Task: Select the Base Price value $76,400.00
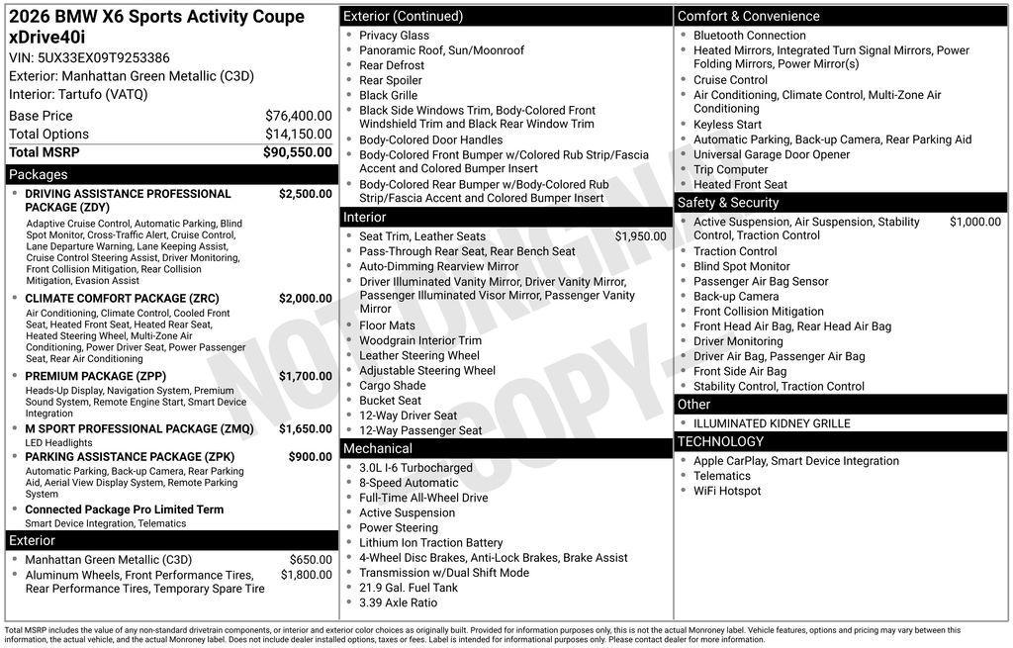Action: coord(298,116)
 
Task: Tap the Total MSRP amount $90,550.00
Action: coord(297,152)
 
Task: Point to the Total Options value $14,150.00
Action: coord(298,135)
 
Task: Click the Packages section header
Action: coord(39,175)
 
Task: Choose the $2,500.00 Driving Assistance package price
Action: coord(305,194)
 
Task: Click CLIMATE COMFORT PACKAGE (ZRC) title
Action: coord(122,299)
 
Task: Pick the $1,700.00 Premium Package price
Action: coord(305,377)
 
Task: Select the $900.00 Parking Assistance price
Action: coord(310,457)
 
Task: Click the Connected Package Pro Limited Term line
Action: coord(124,509)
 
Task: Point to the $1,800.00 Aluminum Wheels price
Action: coord(306,575)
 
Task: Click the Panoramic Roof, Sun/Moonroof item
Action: coord(441,50)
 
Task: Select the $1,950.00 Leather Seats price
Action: coord(640,236)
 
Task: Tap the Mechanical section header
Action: coord(377,449)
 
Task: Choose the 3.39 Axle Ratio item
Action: coord(398,602)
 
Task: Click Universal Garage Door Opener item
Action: coord(771,154)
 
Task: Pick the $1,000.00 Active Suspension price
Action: coord(974,223)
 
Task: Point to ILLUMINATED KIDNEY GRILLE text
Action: coord(772,423)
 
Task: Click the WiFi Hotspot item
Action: coord(727,491)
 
